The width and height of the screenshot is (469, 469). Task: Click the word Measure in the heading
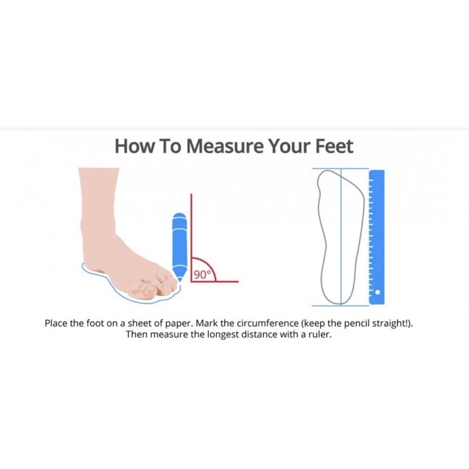pyautogui.click(x=226, y=146)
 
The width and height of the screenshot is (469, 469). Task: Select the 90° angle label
pyautogui.click(x=202, y=274)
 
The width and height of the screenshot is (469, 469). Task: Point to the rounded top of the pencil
pyautogui.click(x=179, y=216)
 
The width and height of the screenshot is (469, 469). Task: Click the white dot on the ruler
pyautogui.click(x=378, y=292)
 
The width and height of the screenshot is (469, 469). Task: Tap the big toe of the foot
pyautogui.click(x=142, y=290)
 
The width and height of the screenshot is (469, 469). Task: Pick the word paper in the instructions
pyautogui.click(x=176, y=324)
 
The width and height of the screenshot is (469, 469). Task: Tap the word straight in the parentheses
pyautogui.click(x=389, y=324)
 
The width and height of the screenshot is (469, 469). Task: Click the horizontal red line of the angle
pyautogui.click(x=215, y=281)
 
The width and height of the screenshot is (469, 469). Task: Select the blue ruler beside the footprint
pyautogui.click(x=376, y=237)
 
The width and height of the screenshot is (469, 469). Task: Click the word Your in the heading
pyautogui.click(x=287, y=146)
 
